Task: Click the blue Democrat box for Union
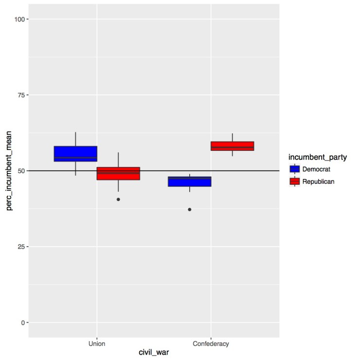[75, 154]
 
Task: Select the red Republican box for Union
[118, 174]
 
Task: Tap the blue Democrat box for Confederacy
[190, 181]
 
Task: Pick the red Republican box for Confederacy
[233, 146]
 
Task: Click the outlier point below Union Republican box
[118, 199]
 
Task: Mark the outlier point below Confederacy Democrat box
[190, 210]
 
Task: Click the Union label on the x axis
[97, 344]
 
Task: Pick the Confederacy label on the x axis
[211, 344]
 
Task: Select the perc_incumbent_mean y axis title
[8, 171]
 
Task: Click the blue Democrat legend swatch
[294, 169]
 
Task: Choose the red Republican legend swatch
[294, 181]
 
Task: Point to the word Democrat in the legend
[316, 169]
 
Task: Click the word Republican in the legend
[319, 181]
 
